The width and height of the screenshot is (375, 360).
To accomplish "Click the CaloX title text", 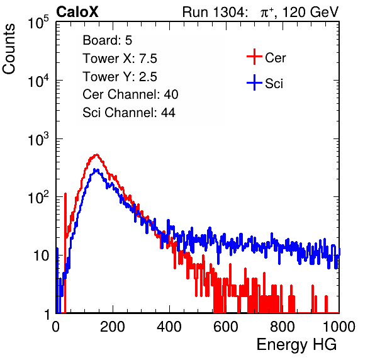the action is (77, 12).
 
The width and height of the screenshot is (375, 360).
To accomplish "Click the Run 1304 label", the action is (214, 12).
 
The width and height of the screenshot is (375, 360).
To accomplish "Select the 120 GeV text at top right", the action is (310, 12).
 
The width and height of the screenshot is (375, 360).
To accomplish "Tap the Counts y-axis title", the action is (9, 49).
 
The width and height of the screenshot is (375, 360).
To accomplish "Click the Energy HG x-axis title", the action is (296, 344).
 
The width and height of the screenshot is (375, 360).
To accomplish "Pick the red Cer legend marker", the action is (254, 57).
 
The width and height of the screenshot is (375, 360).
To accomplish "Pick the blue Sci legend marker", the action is (254, 82).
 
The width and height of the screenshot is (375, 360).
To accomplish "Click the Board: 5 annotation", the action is (108, 40).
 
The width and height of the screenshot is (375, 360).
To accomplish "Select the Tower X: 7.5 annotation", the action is (120, 59).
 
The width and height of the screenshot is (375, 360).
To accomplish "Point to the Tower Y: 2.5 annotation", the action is (120, 77).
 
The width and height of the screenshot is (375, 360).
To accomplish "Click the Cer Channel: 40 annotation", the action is (130, 94).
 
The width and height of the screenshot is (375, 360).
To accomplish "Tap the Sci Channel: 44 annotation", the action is (129, 113).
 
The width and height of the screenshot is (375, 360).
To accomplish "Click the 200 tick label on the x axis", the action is (113, 327).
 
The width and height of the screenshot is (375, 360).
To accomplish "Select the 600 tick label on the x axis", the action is (226, 327).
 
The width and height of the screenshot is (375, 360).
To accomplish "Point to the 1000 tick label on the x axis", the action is (339, 327).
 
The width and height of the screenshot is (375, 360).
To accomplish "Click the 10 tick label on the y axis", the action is (41, 256).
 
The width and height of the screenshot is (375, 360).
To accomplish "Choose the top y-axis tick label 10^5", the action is (38, 23).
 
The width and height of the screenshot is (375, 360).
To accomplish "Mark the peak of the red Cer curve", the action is (97, 155).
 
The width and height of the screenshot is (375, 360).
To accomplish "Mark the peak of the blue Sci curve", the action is (95, 169).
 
